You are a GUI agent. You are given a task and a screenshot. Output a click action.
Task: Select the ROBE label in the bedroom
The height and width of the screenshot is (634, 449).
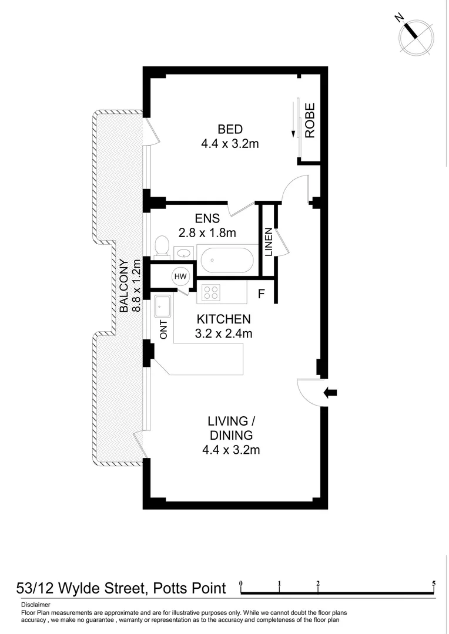tap(310, 120)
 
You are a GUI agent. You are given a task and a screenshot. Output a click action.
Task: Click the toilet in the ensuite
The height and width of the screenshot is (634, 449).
tap(162, 247)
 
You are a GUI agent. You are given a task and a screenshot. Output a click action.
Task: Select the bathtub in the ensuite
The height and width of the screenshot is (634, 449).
tap(226, 259)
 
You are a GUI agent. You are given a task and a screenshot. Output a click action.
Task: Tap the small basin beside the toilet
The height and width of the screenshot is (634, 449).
tap(184, 253)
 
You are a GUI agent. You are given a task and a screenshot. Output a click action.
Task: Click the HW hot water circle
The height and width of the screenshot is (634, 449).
tap(180, 276)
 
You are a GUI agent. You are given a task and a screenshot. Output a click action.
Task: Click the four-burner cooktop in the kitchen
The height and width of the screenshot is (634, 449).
tap(211, 292)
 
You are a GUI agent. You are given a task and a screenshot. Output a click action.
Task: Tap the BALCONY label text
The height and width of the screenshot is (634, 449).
tap(125, 286)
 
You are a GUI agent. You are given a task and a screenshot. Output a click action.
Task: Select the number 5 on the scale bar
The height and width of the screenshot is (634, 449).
tap(434, 584)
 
